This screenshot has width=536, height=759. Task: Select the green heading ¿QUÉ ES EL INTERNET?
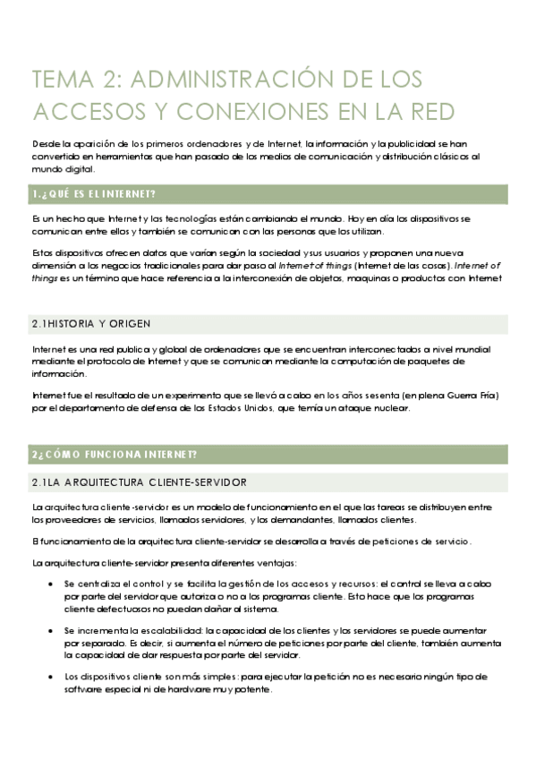click(93, 194)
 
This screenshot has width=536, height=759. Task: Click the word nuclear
click(390, 409)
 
